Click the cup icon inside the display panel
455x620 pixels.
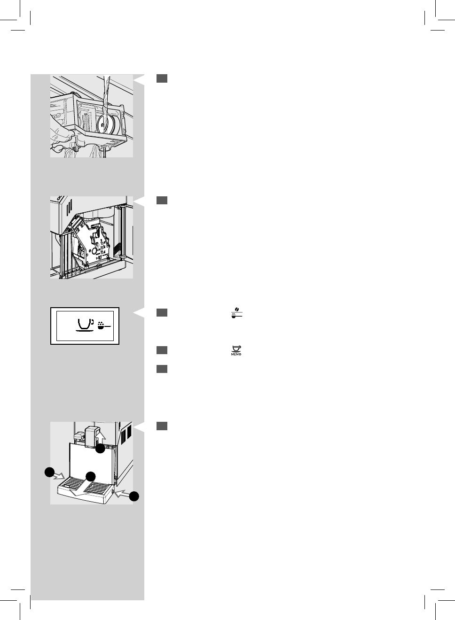(85, 325)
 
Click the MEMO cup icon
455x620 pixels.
(236, 350)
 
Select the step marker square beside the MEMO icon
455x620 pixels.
(162, 350)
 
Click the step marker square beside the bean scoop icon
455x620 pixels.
(162, 313)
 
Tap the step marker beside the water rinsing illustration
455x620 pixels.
(162, 78)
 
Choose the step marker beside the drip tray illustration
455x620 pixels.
(162, 426)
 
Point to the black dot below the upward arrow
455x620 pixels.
(100, 449)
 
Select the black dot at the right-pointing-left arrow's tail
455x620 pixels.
(134, 496)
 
